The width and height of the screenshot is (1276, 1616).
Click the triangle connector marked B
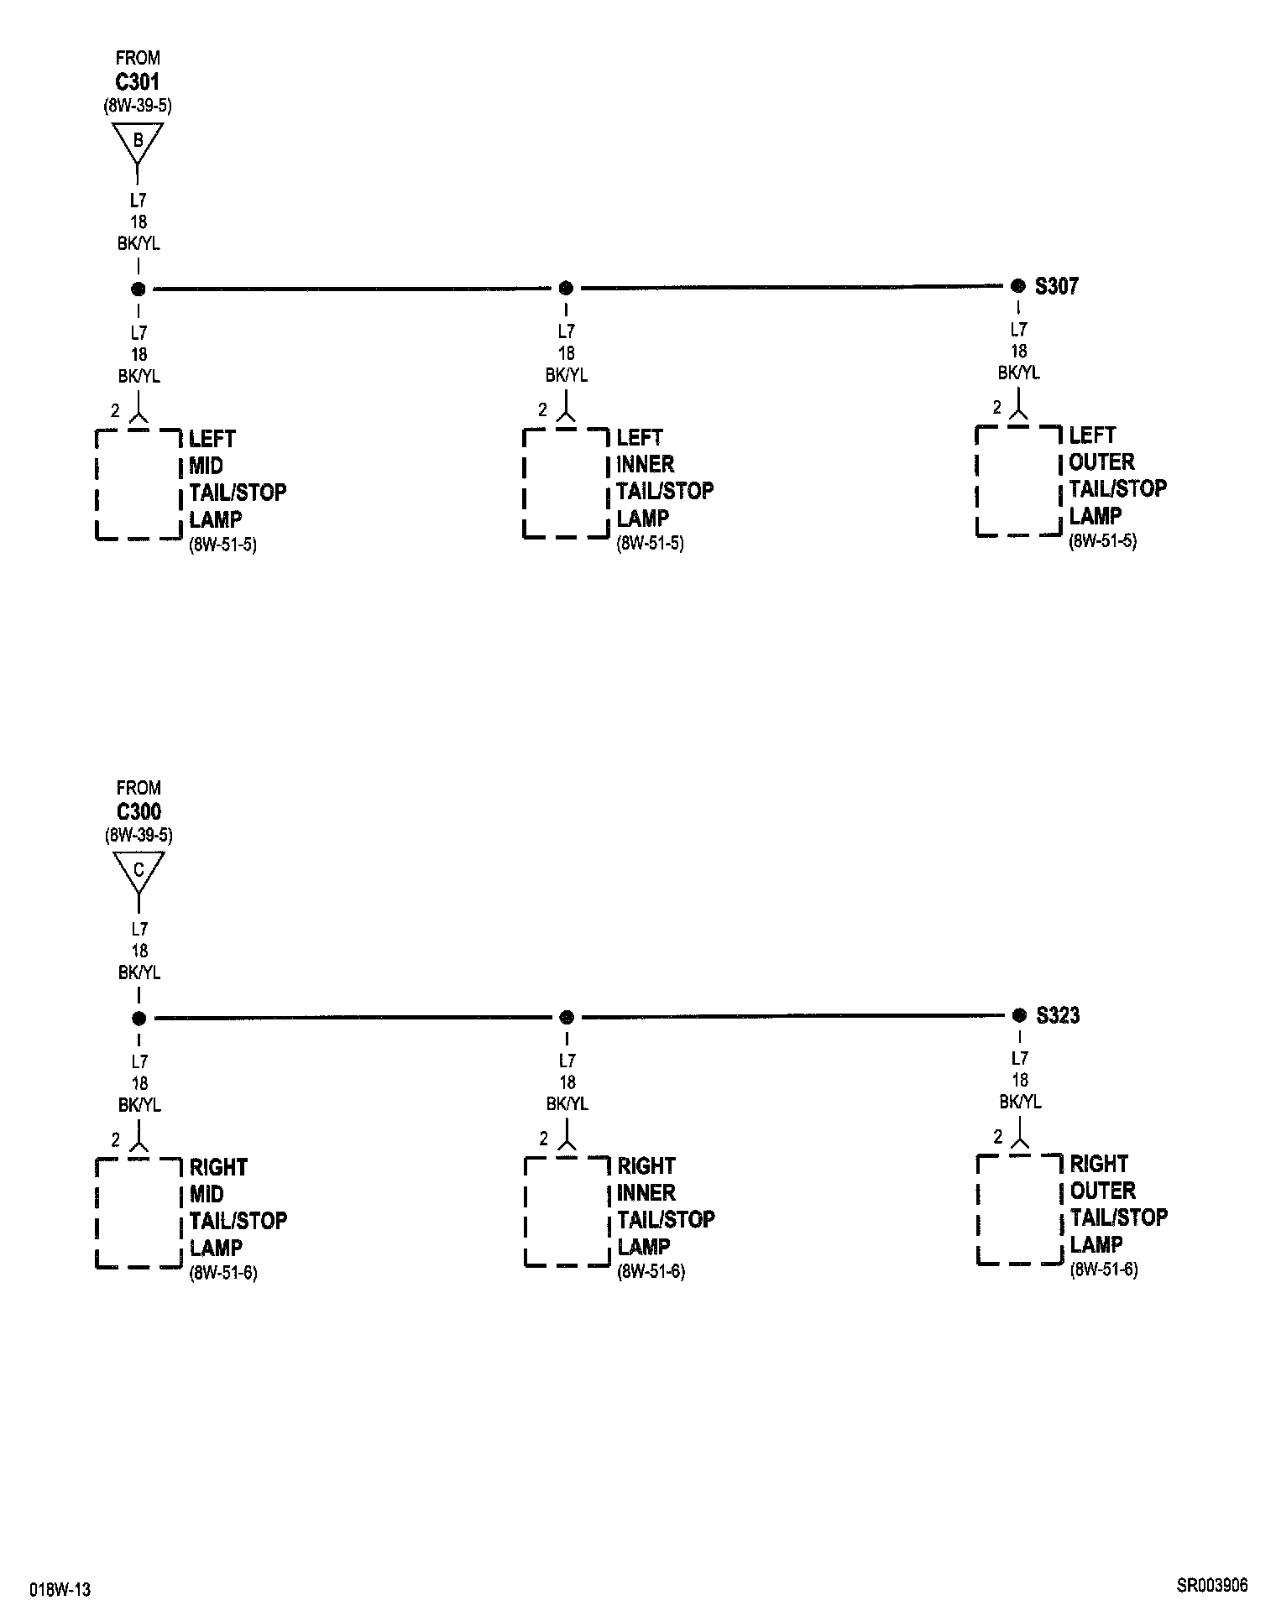pyautogui.click(x=138, y=142)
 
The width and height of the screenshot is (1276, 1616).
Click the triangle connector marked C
pyautogui.click(x=139, y=871)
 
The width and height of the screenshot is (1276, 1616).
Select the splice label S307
pyautogui.click(x=1056, y=286)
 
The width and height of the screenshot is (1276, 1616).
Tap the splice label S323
pyautogui.click(x=1058, y=1015)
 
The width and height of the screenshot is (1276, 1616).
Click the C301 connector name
pyautogui.click(x=138, y=82)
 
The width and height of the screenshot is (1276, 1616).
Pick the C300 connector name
pyautogui.click(x=139, y=811)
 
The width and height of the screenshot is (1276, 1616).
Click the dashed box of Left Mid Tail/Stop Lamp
pyautogui.click(x=139, y=484)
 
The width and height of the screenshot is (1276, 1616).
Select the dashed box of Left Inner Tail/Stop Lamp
pyautogui.click(x=566, y=483)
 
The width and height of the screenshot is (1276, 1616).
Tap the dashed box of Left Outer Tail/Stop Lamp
pyautogui.click(x=1018, y=481)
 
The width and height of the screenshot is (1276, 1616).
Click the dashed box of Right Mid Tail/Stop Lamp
pyautogui.click(x=139, y=1212)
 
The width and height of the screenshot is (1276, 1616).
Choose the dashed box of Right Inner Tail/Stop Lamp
pyautogui.click(x=567, y=1212)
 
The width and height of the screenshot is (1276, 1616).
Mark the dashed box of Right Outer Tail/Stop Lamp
pyautogui.click(x=1019, y=1209)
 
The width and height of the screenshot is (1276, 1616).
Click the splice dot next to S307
pyautogui.click(x=1018, y=285)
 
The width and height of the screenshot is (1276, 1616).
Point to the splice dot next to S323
pyautogui.click(x=1019, y=1015)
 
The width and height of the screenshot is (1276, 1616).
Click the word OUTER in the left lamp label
pyautogui.click(x=1101, y=462)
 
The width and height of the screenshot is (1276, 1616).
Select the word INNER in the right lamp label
pyautogui.click(x=646, y=1192)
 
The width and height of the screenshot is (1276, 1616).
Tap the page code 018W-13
pyautogui.click(x=60, y=1590)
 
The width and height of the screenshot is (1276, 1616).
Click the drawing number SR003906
pyautogui.click(x=1211, y=1586)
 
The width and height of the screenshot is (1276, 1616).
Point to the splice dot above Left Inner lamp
pyautogui.click(x=566, y=288)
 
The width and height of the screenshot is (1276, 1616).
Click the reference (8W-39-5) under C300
pyautogui.click(x=139, y=836)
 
